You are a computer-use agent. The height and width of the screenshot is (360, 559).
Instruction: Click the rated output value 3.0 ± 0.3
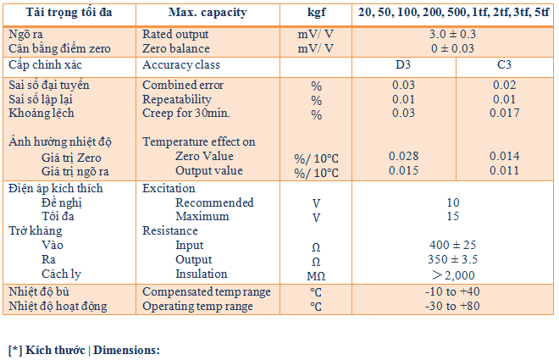click(453, 35)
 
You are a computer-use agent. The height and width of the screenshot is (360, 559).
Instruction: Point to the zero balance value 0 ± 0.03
click(453, 49)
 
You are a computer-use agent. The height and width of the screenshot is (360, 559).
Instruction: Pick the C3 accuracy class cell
click(504, 65)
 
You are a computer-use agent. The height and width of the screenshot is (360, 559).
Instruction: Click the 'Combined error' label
click(181, 86)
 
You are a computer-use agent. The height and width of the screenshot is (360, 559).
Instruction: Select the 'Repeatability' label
click(177, 100)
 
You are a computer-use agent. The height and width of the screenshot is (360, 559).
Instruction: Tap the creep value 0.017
click(504, 114)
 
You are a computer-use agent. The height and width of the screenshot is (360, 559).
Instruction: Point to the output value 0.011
click(504, 170)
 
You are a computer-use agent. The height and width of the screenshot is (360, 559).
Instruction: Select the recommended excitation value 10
click(453, 203)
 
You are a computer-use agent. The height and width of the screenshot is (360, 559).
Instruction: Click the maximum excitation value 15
click(453, 217)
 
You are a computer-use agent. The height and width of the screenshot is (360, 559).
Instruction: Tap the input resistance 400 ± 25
click(453, 246)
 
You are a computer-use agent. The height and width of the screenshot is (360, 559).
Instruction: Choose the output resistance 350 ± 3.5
click(453, 260)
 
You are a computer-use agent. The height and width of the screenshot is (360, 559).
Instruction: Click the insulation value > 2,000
click(453, 274)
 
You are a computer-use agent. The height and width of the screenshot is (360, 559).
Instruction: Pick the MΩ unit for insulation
click(315, 275)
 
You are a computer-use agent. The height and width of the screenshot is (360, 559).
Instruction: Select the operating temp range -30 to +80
click(453, 306)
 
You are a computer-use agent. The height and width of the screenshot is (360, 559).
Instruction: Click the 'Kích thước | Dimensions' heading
click(84, 349)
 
